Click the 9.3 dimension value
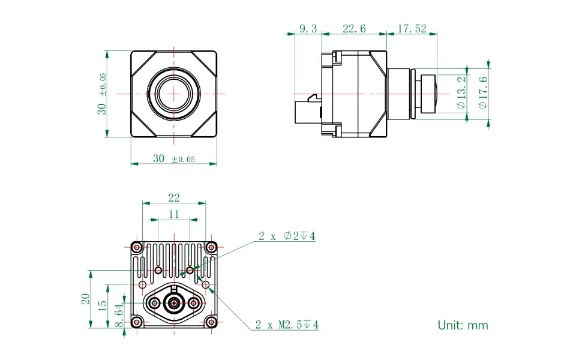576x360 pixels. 308,28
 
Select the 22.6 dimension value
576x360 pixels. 354,28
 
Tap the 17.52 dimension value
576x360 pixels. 411,28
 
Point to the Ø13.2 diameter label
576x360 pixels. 461,92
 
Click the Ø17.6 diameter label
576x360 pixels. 483,92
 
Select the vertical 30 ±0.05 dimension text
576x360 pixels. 103,94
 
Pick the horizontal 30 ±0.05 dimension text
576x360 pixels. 174,158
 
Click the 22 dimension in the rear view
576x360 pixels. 174,198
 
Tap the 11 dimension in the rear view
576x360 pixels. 174,214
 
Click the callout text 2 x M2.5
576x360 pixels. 287,325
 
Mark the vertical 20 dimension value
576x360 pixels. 86,299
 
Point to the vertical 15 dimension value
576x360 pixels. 103,305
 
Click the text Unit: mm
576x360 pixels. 463,325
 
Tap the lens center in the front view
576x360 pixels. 174,94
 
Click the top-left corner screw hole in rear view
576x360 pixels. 137,247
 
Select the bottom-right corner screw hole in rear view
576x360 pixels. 211,322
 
